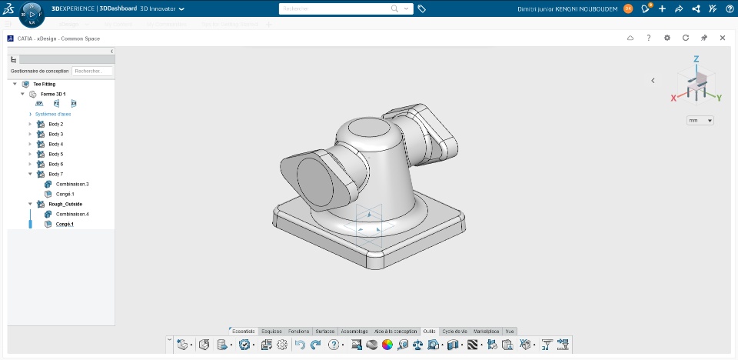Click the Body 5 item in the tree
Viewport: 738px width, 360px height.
pos(55,154)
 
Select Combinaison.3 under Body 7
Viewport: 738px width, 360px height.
pos(72,184)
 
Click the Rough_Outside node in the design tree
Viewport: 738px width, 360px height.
pos(65,204)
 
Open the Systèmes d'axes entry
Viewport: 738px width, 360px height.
pos(53,114)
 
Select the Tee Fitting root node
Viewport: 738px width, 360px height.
pos(44,84)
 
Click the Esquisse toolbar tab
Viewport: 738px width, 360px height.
pos(271,331)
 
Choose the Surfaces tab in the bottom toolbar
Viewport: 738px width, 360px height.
pos(325,331)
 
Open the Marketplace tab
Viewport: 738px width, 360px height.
pos(487,331)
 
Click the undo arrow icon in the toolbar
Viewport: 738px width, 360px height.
pos(301,345)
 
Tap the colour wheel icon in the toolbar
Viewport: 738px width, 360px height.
pos(387,345)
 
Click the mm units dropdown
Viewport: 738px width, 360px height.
pos(700,121)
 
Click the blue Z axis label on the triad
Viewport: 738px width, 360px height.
pos(696,59)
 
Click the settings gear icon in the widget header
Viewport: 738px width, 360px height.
pos(667,38)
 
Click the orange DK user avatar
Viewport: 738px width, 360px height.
pos(628,8)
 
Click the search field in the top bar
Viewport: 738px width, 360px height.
pos(338,8)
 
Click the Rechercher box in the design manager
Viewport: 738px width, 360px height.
pos(92,71)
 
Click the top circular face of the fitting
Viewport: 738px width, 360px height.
pos(369,128)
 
